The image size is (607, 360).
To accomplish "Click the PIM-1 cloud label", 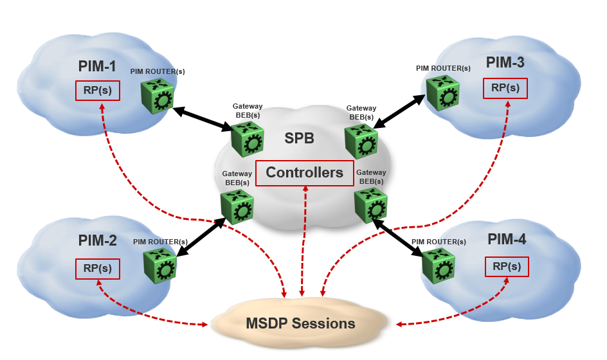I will click(97, 66).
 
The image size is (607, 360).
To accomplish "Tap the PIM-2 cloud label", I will click(98, 241).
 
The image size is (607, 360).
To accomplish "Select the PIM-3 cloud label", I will click(505, 62).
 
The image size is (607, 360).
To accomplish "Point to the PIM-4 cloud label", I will click(507, 240).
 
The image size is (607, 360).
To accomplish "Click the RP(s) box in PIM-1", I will click(98, 90).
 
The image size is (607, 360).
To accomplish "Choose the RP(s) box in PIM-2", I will click(98, 269).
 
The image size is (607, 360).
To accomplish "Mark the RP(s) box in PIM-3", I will click(505, 88).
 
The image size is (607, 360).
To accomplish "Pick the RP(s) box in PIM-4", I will click(507, 266).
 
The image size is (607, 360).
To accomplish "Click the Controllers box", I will click(304, 172).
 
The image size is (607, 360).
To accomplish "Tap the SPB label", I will click(300, 138).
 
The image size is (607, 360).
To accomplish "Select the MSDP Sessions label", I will click(300, 323).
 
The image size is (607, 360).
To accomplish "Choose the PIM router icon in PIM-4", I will click(439, 265).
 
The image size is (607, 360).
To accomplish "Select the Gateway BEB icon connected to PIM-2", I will click(237, 206).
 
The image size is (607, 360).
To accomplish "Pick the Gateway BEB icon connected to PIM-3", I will click(361, 140).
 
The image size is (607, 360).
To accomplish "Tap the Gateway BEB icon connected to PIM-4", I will click(370, 204).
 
